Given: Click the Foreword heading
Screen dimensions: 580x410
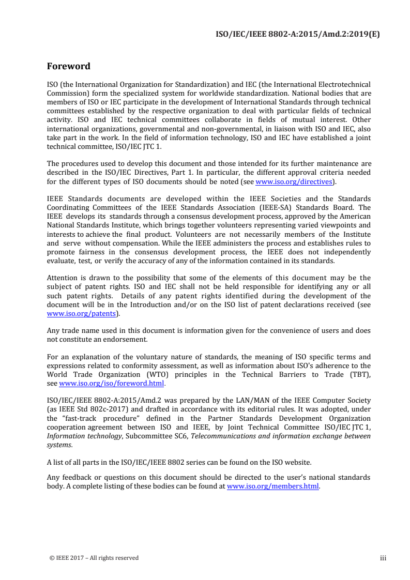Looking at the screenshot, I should [69, 66].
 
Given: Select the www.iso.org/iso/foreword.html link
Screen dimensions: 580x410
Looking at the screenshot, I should [112, 384].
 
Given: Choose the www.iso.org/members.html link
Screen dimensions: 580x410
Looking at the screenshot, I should [272, 486].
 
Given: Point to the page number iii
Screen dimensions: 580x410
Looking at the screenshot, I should [383, 558].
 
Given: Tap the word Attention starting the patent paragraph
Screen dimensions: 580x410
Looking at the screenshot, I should [64, 278].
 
